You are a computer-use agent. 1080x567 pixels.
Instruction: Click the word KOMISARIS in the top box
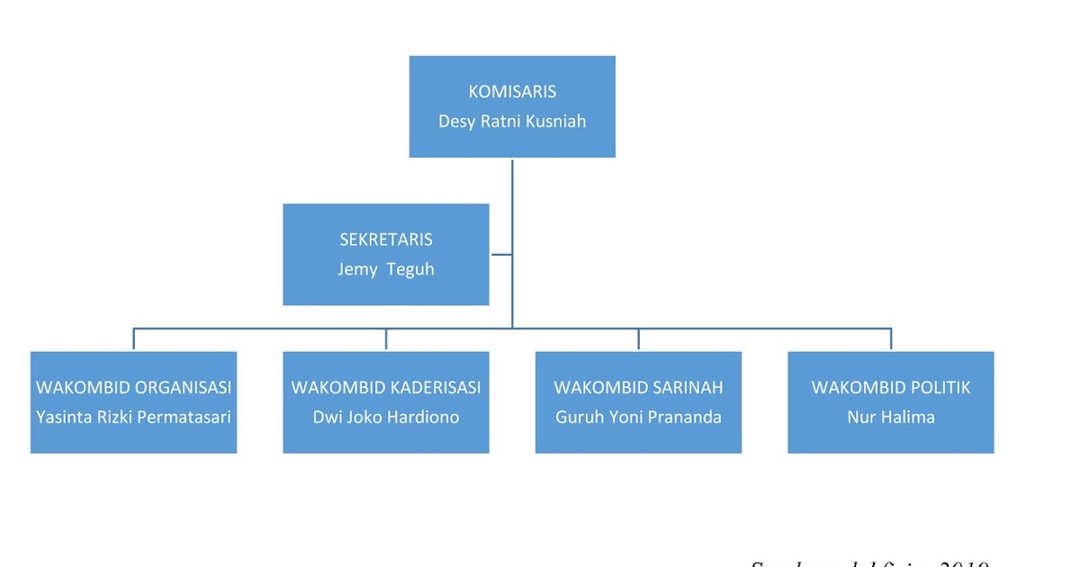(x=512, y=92)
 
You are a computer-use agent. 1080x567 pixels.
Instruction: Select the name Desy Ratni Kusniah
(x=512, y=121)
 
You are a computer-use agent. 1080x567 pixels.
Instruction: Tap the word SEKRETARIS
(x=386, y=240)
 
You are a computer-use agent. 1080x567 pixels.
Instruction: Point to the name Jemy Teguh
(x=386, y=270)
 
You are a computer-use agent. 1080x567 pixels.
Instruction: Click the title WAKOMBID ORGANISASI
(x=134, y=388)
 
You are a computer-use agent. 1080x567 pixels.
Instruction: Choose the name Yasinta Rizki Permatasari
(x=134, y=418)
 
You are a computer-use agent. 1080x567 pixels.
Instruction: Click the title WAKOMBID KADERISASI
(x=386, y=388)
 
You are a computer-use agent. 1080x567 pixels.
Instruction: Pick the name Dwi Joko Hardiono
(x=386, y=418)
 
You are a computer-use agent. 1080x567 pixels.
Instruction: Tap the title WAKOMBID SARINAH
(x=639, y=388)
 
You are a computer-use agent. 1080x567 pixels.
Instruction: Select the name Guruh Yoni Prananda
(x=639, y=418)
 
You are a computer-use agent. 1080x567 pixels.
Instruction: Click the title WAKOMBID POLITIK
(x=891, y=388)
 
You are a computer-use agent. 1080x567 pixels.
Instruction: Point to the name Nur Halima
(x=891, y=418)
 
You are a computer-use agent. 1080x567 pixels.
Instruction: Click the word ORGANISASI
(x=184, y=388)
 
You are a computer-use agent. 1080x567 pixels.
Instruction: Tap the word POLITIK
(x=940, y=388)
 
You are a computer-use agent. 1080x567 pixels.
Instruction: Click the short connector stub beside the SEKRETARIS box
(x=501, y=255)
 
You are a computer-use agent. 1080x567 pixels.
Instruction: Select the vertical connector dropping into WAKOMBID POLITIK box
(x=891, y=338)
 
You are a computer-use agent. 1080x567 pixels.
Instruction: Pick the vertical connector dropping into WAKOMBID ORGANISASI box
(x=134, y=338)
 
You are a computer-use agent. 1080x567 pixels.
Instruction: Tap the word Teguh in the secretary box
(x=410, y=270)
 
